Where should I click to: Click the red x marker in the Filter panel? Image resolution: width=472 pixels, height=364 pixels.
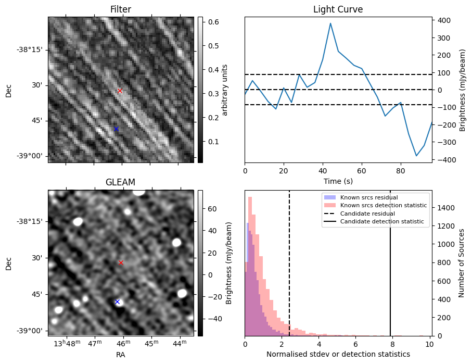(120, 91)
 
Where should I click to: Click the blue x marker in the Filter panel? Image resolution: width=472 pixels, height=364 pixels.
(116, 129)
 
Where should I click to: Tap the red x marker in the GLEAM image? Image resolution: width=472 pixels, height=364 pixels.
(121, 262)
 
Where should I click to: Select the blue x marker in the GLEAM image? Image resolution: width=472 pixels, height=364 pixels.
(117, 302)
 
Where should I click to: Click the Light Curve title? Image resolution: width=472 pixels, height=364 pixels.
(338, 9)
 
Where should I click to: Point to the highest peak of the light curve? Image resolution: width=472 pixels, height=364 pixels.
(330, 23)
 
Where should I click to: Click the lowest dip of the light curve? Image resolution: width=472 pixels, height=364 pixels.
(416, 155)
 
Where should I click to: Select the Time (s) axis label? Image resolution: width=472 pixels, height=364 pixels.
(338, 181)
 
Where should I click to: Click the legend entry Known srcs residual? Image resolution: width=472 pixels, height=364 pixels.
(368, 197)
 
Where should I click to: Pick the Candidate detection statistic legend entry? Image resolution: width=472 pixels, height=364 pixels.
(381, 222)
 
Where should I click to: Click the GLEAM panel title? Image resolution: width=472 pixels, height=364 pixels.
(120, 182)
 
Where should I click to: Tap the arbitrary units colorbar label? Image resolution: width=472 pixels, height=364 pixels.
(225, 90)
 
